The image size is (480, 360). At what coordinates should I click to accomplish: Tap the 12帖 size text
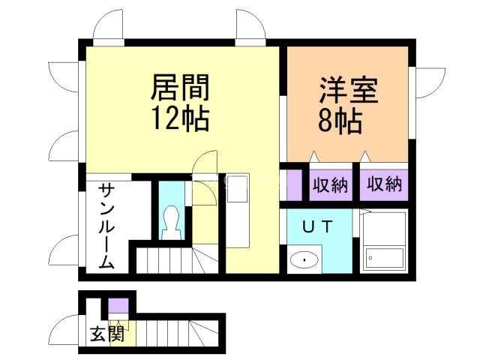point(180,118)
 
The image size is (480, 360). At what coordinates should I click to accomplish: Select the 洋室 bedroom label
point(348,90)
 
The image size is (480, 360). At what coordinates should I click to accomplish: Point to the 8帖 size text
point(341,119)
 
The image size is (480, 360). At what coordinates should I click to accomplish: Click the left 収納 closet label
point(330,184)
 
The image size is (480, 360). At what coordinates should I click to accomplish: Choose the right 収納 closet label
point(384,184)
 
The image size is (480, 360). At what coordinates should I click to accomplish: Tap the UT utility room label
point(317,225)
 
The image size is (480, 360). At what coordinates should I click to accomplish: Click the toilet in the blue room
point(172,223)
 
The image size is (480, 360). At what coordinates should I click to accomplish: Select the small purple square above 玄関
point(118,306)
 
